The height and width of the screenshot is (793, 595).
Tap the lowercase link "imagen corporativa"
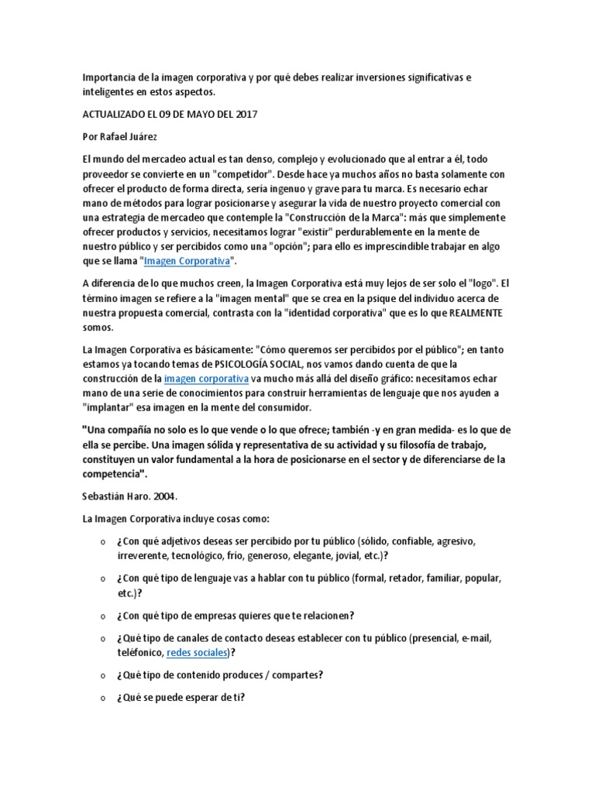(206, 379)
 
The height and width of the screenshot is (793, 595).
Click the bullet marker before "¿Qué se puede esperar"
(103, 697)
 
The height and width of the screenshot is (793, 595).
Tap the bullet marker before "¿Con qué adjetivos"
(103, 540)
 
